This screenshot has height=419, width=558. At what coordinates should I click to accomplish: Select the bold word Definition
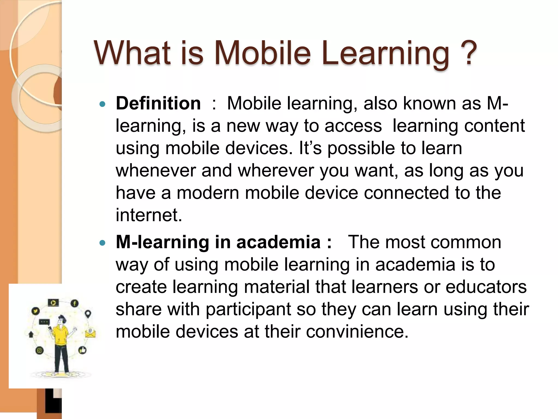(158, 103)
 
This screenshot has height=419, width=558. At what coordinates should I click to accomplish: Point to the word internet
(149, 215)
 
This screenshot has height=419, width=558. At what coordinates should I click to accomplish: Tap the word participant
(248, 309)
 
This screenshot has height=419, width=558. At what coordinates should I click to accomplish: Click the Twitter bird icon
(36, 311)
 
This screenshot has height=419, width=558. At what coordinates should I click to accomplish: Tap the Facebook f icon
(74, 303)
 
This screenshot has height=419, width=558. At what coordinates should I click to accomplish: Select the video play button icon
(53, 303)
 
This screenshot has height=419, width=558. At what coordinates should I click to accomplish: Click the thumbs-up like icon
(82, 350)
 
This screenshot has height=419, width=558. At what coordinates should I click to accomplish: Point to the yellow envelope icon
(90, 333)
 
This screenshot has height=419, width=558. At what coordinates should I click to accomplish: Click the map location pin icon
(88, 314)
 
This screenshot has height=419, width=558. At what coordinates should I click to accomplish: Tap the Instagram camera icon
(40, 351)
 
